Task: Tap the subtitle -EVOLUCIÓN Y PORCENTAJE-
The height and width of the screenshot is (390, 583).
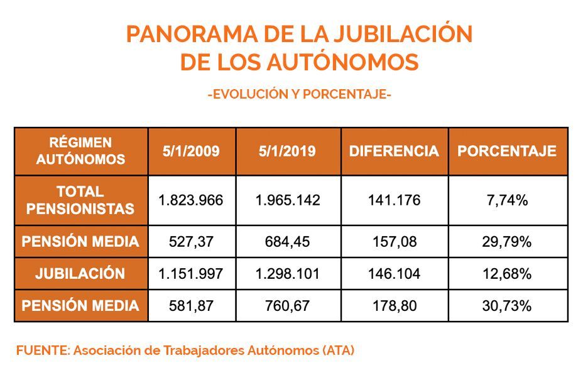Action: click(299, 95)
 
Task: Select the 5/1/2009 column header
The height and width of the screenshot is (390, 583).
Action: click(191, 151)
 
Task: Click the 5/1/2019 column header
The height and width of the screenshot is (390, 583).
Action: click(287, 151)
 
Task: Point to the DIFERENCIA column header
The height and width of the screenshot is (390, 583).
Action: click(394, 151)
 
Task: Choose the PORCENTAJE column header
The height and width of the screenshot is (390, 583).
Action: click(506, 151)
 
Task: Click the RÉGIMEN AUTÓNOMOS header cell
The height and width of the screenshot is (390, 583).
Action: click(80, 151)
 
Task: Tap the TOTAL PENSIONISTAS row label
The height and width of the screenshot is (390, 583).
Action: click(80, 200)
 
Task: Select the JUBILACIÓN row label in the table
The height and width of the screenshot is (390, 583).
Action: click(80, 274)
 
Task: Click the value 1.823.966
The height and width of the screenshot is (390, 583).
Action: click(191, 200)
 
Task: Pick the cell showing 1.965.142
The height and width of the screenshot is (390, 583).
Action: click(288, 200)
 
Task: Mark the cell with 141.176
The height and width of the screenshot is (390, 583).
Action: click(394, 200)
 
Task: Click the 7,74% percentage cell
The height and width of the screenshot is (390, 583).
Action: click(506, 200)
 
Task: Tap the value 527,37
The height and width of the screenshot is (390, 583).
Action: click(191, 242)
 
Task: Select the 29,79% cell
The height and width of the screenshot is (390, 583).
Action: click(506, 242)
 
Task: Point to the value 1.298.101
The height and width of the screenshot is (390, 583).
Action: click(288, 274)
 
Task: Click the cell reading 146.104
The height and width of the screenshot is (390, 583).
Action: click(394, 274)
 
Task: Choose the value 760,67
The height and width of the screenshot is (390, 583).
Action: click(288, 306)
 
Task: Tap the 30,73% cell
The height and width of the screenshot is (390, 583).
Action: click(506, 306)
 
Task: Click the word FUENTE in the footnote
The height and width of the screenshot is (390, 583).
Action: click(41, 351)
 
